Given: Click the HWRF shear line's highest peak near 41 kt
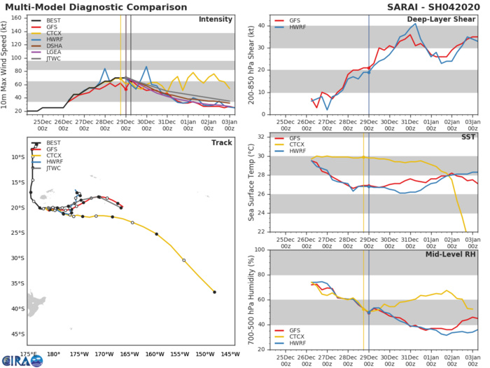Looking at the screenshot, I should (x=416, y=24).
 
